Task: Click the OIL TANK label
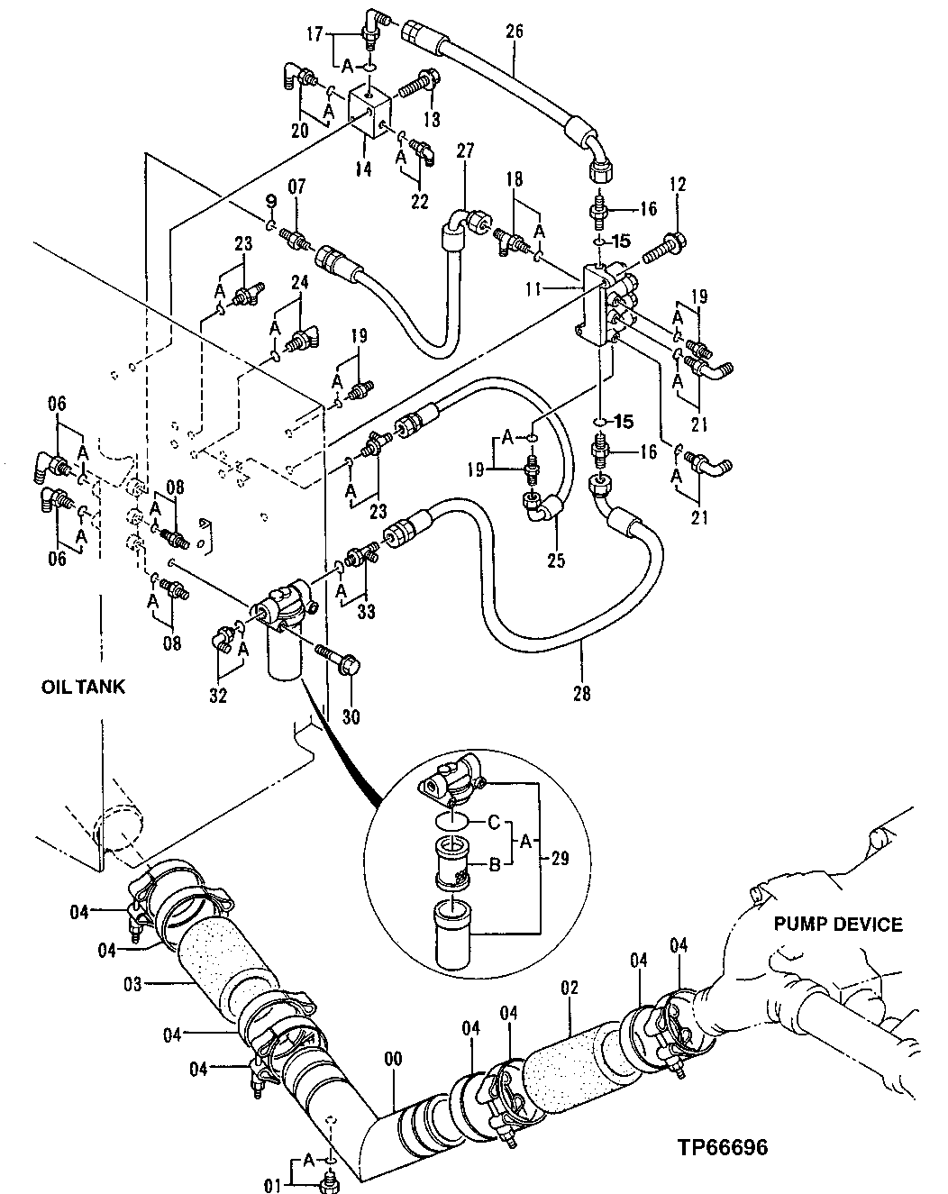(x=83, y=687)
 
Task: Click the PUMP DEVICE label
(x=838, y=924)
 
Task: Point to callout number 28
(x=581, y=693)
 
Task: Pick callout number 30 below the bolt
(x=351, y=717)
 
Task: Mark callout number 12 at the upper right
(x=678, y=186)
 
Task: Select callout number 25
(x=555, y=561)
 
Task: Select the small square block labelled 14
(x=369, y=112)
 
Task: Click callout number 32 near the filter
(x=217, y=695)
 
